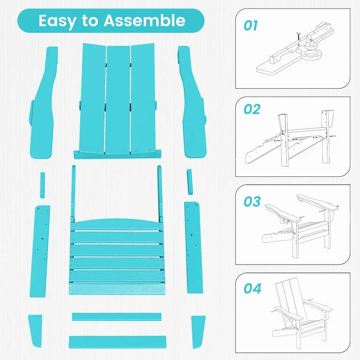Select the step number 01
[251, 26]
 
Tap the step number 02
[252, 109]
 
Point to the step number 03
[252, 201]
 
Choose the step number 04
[252, 288]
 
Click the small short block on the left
[42, 184]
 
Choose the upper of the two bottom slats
[116, 317]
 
